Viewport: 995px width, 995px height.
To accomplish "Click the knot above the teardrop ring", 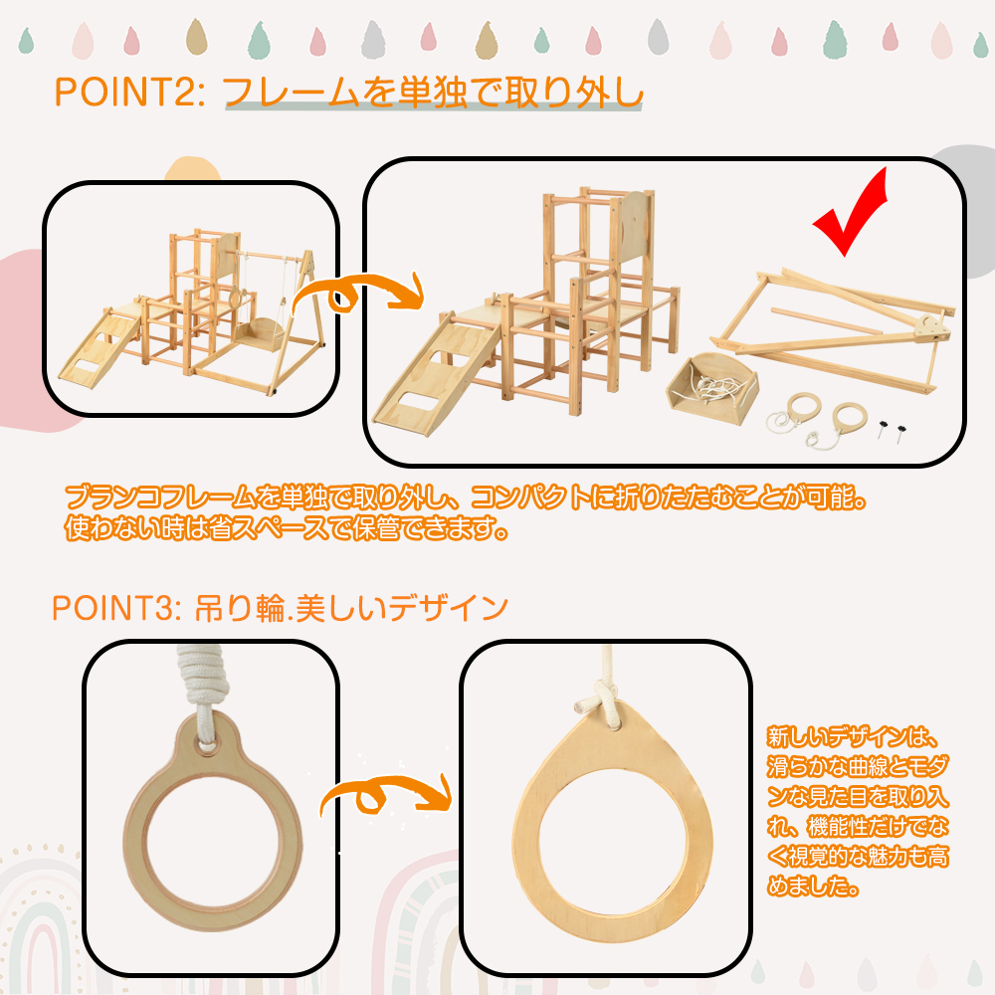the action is (603, 699).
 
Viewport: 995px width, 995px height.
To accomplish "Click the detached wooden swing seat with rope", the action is (712, 388).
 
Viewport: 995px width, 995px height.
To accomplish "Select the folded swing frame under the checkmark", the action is (831, 330).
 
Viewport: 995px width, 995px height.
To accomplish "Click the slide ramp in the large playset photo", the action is (438, 374).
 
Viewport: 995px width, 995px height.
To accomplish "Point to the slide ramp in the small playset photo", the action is (100, 347).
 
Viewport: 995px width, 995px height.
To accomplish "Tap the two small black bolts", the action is (890, 431).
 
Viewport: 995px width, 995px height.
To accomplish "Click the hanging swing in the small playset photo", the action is (262, 330).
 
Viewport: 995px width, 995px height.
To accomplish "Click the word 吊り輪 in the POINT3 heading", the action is (240, 608).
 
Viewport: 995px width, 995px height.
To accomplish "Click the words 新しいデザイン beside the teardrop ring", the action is (838, 737).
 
